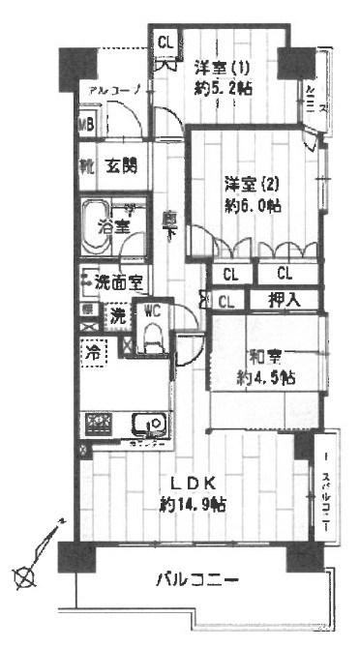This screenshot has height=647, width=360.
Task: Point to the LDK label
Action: (193, 484)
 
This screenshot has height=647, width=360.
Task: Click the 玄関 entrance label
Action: (120, 165)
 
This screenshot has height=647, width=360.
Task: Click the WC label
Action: (152, 311)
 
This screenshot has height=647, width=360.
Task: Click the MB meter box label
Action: (86, 125)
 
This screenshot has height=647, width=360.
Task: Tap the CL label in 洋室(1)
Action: (165, 42)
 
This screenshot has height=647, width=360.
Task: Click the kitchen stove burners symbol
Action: (100, 423)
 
